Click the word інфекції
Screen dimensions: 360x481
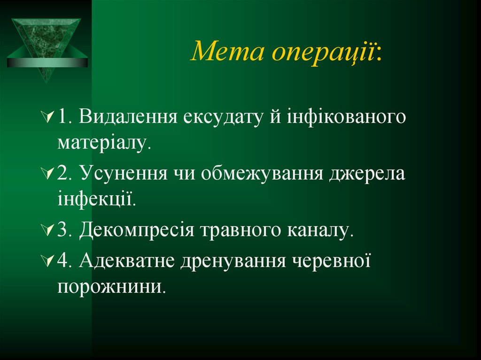pyautogui.click(x=97, y=199)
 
